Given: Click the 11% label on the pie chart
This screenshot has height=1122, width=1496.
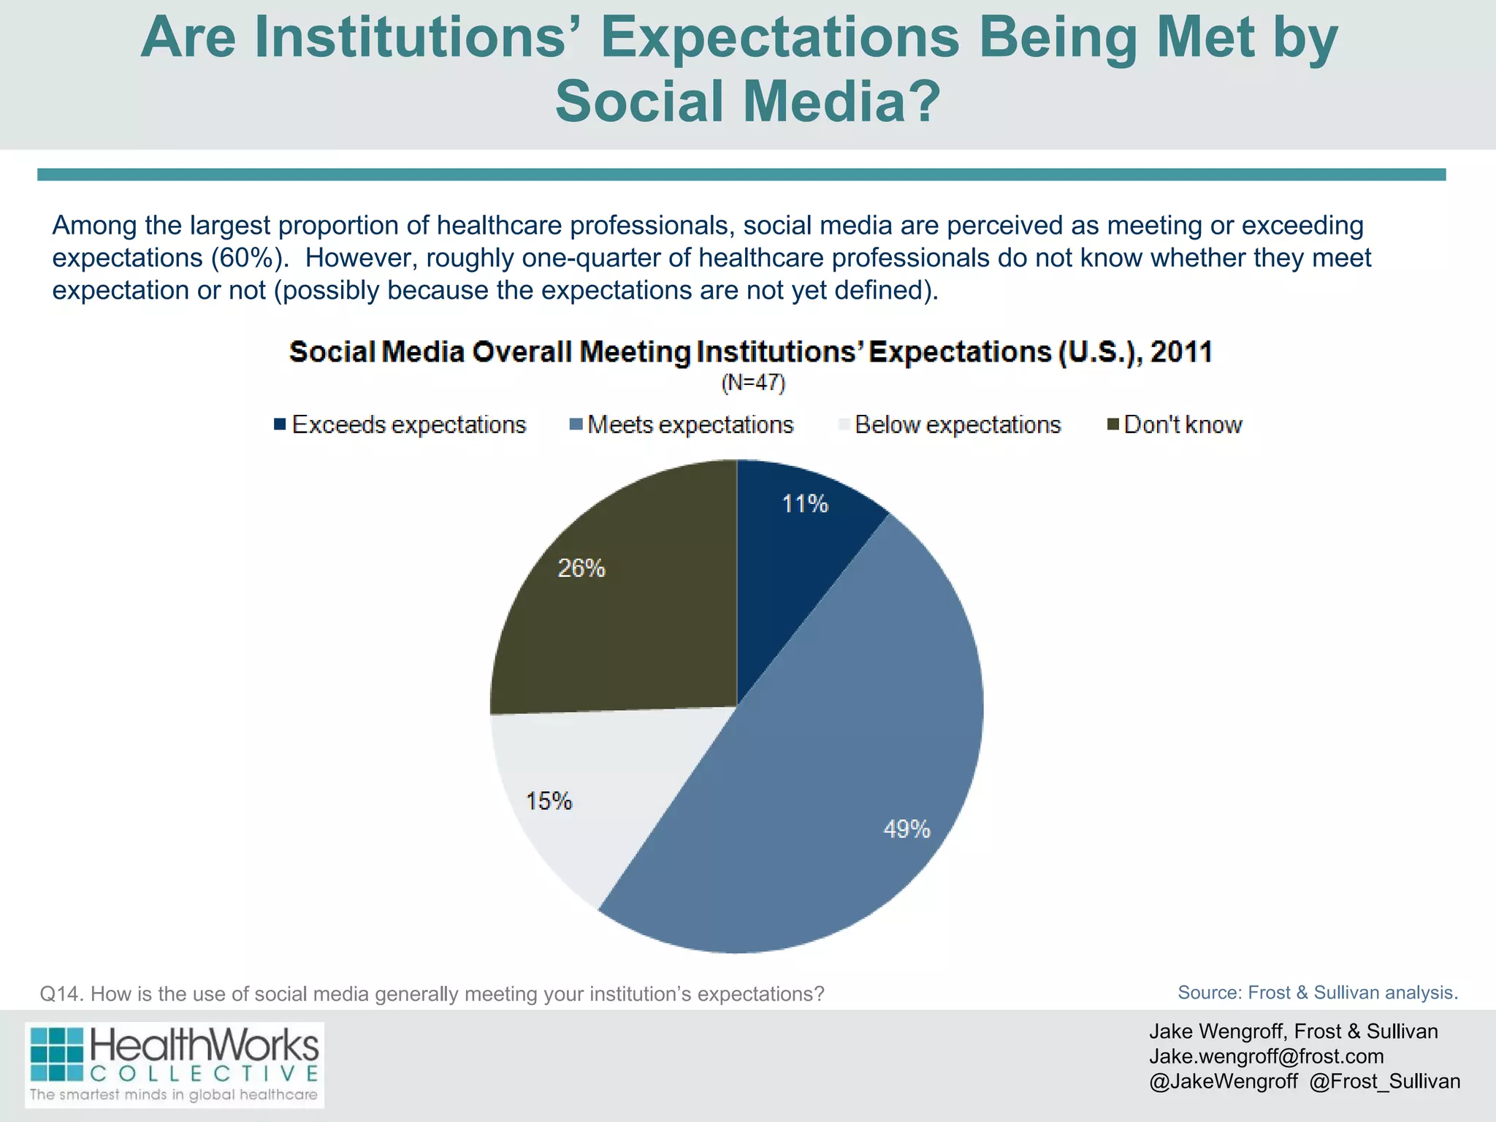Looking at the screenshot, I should point(805,504).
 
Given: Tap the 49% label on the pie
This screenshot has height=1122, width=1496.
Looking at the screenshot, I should point(907,829).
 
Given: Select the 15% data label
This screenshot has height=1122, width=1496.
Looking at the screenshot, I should point(549,801).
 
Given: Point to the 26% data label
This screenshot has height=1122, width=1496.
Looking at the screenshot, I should point(581,568).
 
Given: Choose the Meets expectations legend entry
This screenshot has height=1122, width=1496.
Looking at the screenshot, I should point(682,425).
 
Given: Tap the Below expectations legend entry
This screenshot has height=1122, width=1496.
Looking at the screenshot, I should point(950,425).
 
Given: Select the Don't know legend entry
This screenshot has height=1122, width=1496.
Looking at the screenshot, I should point(1175,425).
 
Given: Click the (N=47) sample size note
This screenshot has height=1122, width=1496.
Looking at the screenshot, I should point(753,383).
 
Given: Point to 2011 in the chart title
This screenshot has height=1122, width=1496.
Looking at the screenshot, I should point(1181,352).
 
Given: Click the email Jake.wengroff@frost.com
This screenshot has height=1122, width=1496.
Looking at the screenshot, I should point(1266,1056).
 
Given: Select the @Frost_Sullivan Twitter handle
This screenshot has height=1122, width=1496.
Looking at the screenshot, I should point(1384,1081).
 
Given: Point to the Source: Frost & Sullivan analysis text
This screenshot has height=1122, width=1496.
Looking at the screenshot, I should point(1317,993).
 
